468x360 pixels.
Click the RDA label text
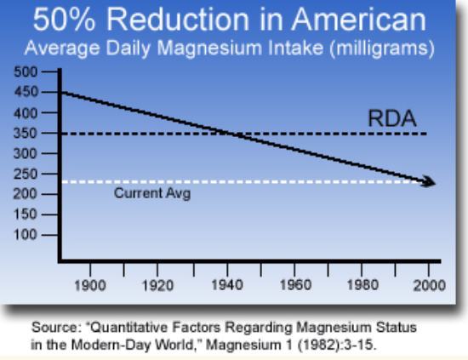click(x=391, y=120)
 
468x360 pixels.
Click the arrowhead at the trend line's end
click(x=430, y=182)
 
